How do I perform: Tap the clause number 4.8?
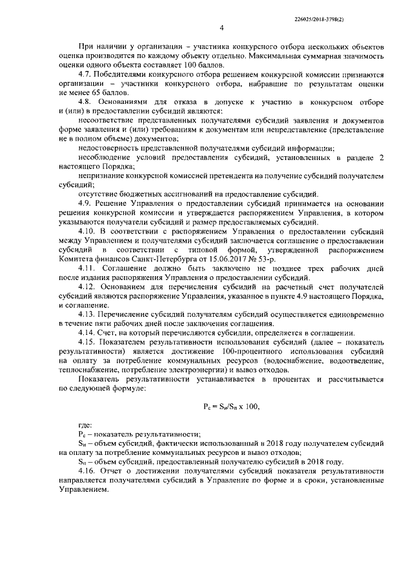click(x=85, y=103)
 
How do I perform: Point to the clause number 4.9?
click(x=85, y=203)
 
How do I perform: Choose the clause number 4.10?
click(x=86, y=230)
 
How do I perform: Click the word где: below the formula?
click(x=85, y=426)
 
